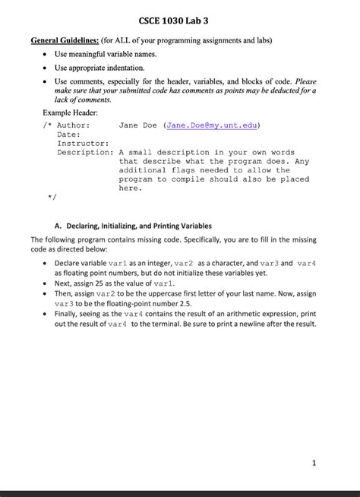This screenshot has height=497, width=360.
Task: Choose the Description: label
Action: tap(86, 152)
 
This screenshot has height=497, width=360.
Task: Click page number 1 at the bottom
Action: tap(314, 462)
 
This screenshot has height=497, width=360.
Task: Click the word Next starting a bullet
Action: tap(64, 282)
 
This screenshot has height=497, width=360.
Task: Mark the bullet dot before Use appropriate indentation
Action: tap(46, 68)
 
